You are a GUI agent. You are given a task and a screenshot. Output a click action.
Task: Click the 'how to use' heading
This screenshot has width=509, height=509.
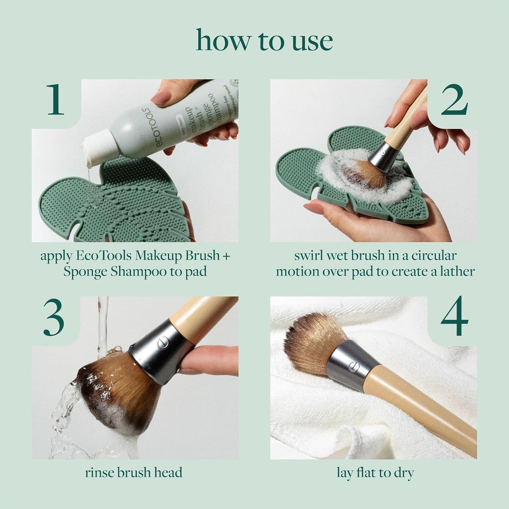tap(264, 41)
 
